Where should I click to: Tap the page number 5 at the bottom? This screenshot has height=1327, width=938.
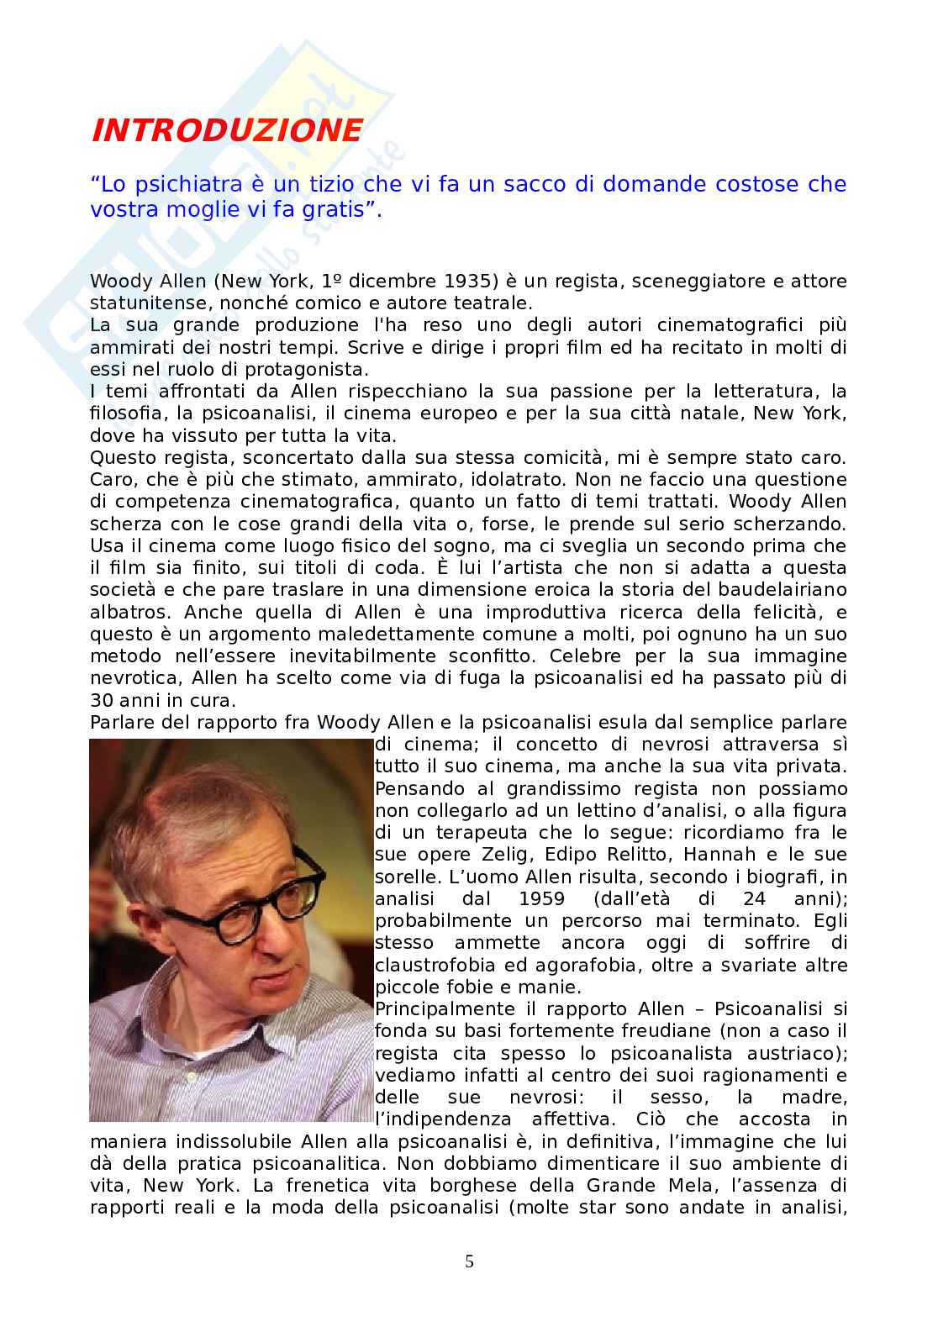(469, 1261)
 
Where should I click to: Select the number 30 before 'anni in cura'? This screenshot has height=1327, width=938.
(102, 699)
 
